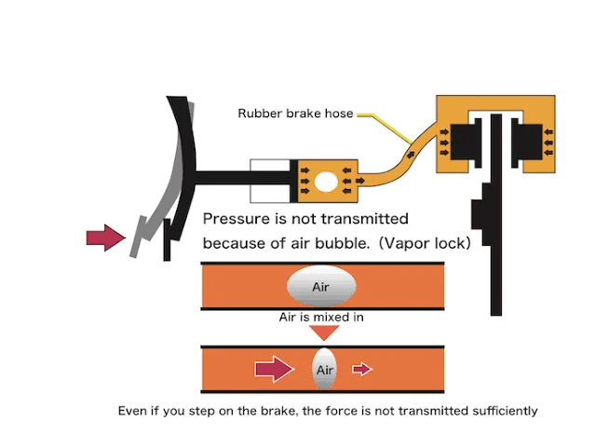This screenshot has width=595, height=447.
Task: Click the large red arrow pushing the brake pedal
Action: [x=105, y=237]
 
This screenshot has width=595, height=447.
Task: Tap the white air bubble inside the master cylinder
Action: [x=326, y=182]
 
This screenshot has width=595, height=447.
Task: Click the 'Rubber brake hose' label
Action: [x=295, y=113]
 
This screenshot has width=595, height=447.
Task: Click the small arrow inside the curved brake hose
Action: [x=411, y=154]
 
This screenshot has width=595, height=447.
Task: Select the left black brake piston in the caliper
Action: [x=466, y=142]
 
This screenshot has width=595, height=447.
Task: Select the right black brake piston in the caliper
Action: [x=527, y=142]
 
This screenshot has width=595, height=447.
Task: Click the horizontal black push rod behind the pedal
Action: [x=243, y=178]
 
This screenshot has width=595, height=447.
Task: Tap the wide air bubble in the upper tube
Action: [x=321, y=286]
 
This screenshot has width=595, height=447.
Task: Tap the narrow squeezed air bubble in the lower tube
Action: [x=324, y=369]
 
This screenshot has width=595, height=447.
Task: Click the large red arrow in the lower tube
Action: [x=275, y=369]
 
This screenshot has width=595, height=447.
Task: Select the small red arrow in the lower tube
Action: [x=362, y=369]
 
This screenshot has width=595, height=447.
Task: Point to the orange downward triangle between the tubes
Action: [x=324, y=332]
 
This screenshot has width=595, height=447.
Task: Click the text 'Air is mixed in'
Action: [x=321, y=318]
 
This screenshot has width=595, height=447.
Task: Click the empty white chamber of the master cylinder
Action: [x=270, y=181]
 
